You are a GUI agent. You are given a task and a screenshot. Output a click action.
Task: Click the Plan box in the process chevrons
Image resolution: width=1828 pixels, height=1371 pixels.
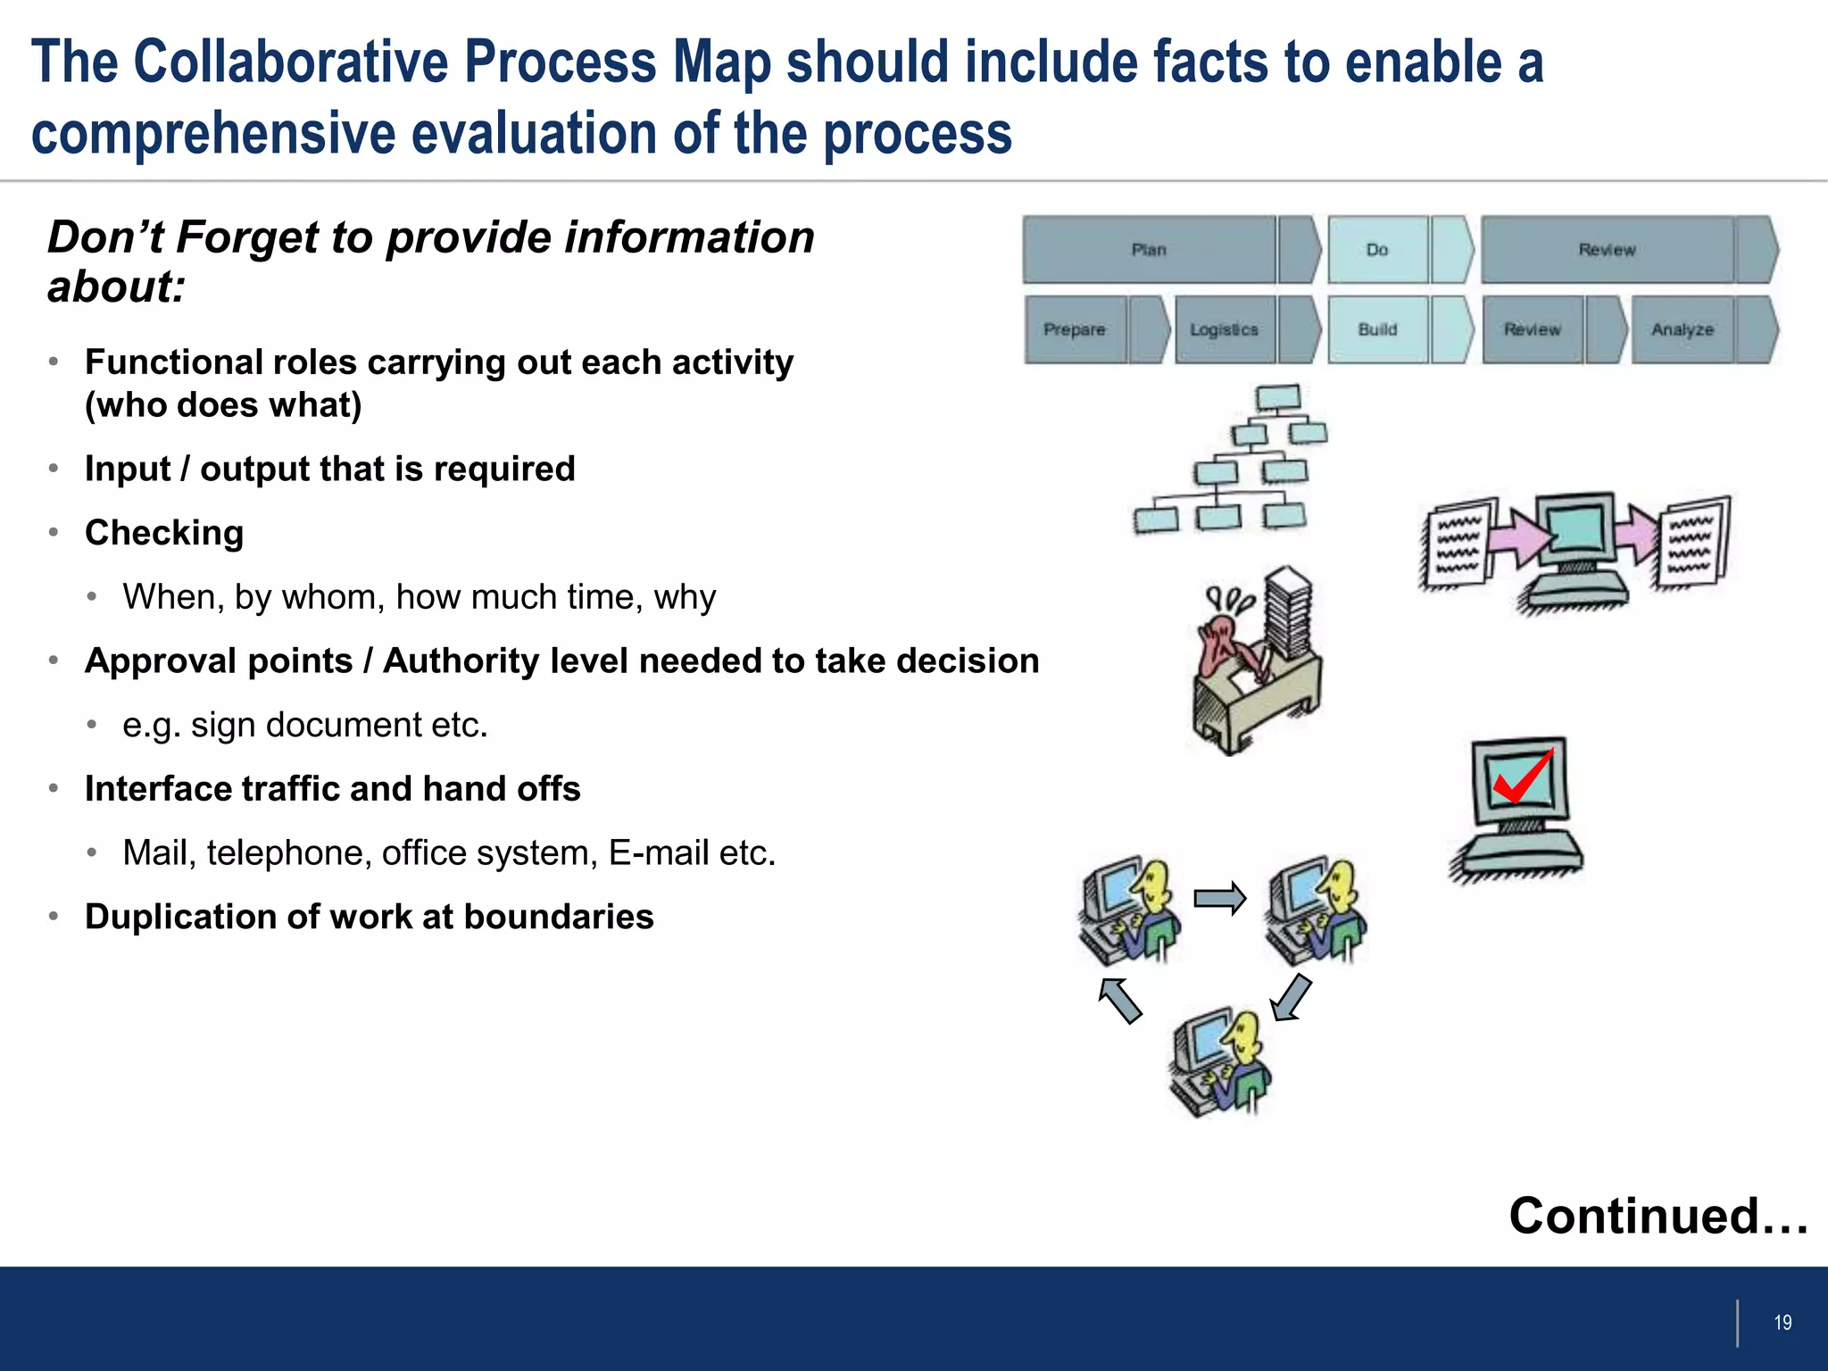click(1150, 250)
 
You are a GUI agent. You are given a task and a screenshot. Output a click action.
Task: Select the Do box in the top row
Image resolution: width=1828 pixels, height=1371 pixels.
click(1377, 250)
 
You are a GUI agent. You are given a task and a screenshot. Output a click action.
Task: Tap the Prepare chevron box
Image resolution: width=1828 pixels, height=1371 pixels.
click(1075, 329)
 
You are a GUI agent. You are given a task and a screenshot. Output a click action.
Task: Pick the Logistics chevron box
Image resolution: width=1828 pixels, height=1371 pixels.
click(1224, 329)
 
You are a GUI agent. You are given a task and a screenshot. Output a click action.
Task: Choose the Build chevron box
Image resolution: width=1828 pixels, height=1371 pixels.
click(1377, 329)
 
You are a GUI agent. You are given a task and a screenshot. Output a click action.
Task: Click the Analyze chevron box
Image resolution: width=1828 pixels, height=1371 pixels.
click(1683, 329)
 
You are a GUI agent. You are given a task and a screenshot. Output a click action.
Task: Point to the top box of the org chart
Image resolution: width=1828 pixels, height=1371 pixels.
click(1278, 397)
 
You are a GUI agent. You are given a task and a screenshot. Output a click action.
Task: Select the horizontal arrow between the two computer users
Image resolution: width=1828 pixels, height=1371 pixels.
click(1219, 898)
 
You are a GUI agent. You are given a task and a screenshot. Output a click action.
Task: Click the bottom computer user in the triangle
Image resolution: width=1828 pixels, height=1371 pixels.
click(1221, 1062)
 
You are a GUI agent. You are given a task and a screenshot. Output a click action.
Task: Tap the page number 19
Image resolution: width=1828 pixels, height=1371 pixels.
click(1782, 1323)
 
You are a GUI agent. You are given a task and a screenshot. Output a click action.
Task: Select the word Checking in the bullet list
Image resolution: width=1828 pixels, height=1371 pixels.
click(164, 533)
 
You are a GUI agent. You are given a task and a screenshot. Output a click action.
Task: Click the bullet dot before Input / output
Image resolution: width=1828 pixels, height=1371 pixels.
click(54, 469)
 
